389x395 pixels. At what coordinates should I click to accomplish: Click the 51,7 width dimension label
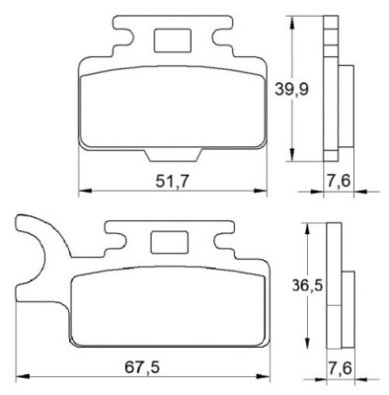172,181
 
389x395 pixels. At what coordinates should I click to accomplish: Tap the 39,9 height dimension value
292,89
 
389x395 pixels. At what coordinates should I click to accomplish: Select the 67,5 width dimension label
142,367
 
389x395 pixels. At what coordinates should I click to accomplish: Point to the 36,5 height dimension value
307,285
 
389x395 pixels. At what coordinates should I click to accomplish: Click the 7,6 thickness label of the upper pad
339,181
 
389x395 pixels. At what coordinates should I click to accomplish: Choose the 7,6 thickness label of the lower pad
340,367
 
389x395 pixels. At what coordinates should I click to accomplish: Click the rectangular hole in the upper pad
173,40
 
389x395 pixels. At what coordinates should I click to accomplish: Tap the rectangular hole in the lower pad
169,242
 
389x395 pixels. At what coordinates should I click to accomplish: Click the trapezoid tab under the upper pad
173,155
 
